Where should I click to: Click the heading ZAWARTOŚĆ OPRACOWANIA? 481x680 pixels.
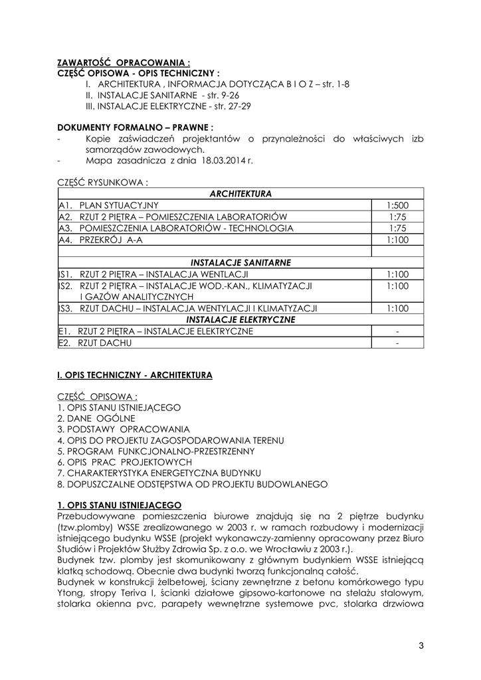[x=119, y=63]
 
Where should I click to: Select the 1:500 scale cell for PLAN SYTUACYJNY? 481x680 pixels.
[x=397, y=205]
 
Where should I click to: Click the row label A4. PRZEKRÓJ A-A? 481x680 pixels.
[x=100, y=239]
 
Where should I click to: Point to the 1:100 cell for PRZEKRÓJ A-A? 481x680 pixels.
[x=397, y=239]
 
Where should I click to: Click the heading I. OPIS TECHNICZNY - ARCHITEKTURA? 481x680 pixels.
[x=135, y=375]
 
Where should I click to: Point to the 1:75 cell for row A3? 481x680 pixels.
[x=397, y=228]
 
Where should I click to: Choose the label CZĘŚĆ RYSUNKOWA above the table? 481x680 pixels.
[x=102, y=181]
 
